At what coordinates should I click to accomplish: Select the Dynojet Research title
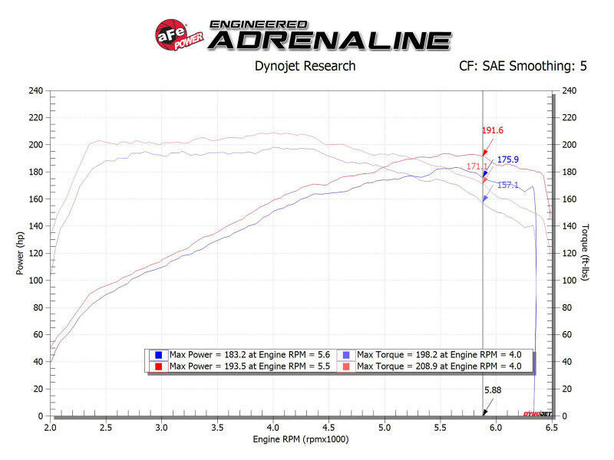(305, 66)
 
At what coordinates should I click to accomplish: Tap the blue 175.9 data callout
(508, 159)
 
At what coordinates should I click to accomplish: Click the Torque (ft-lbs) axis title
(586, 252)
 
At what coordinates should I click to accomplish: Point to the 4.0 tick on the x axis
(273, 426)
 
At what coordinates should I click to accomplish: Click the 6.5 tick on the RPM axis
(551, 426)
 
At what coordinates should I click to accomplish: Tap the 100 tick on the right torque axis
(569, 280)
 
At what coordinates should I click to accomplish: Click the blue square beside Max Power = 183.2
(157, 355)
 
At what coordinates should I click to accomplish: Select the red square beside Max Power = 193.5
(157, 366)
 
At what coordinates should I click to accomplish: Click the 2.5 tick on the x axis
(107, 426)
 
